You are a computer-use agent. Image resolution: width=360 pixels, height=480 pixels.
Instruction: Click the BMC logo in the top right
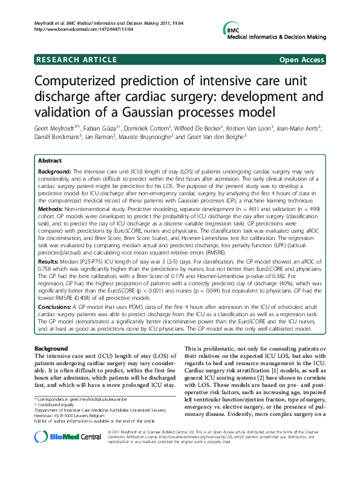pyautogui.click(x=232, y=30)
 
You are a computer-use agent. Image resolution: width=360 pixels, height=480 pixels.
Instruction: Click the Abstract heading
pyautogui.click(x=50, y=161)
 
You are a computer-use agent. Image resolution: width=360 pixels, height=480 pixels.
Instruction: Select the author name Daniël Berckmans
pyautogui.click(x=56, y=137)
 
